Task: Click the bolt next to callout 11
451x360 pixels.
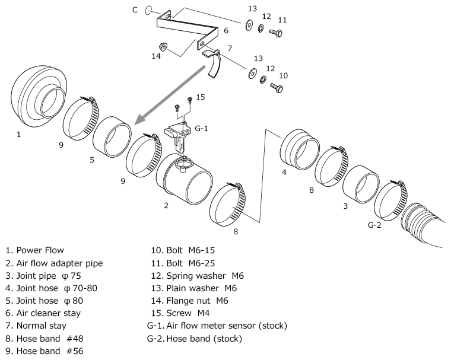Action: [x=276, y=31]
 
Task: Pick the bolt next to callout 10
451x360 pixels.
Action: [x=276, y=87]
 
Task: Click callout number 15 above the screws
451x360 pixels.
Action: [x=201, y=97]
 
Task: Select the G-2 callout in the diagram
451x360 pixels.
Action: [x=374, y=226]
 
